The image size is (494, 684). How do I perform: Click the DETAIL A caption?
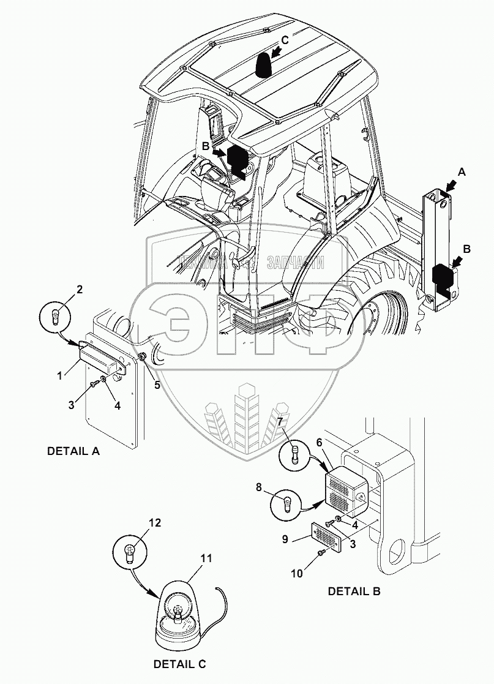[73, 452]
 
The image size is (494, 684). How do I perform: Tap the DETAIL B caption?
[354, 592]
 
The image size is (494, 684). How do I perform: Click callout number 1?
[60, 375]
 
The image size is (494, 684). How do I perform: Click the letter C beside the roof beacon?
[284, 40]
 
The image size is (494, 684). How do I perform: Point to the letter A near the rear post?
[462, 173]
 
